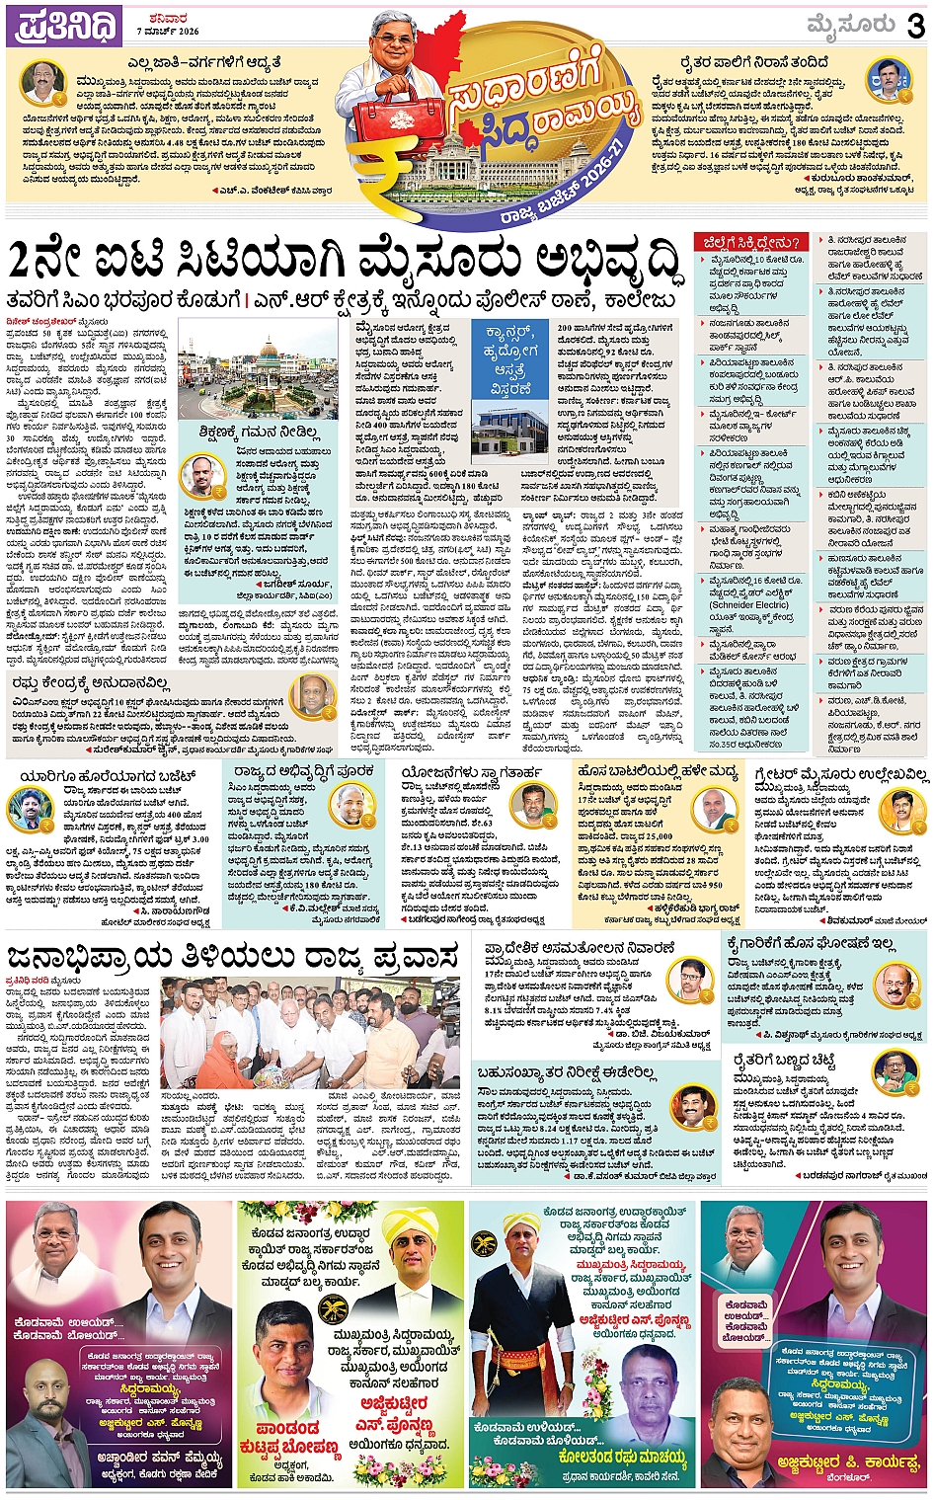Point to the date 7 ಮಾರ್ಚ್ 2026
[x=168, y=32]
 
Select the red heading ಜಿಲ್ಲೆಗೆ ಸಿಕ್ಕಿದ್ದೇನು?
[x=751, y=243]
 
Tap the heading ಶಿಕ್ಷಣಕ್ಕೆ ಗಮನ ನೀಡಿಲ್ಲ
[x=258, y=433]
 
